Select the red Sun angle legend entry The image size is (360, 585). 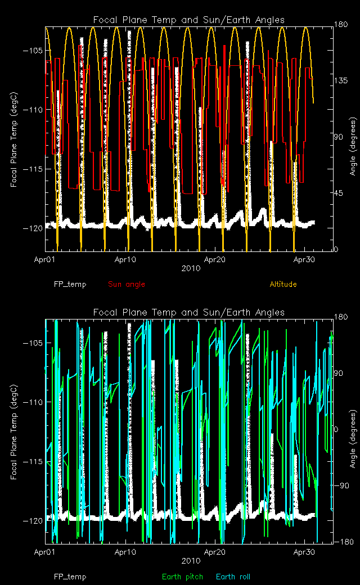[126, 284]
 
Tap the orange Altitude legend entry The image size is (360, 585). [283, 284]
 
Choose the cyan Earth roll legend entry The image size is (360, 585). [233, 577]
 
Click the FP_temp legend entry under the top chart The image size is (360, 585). [70, 284]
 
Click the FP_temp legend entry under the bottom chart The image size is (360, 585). [70, 577]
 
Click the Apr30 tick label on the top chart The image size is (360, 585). [304, 260]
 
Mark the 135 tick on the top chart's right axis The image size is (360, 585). [341, 80]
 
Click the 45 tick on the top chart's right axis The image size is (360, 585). [340, 193]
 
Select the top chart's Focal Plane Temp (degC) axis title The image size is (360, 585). [14, 138]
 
